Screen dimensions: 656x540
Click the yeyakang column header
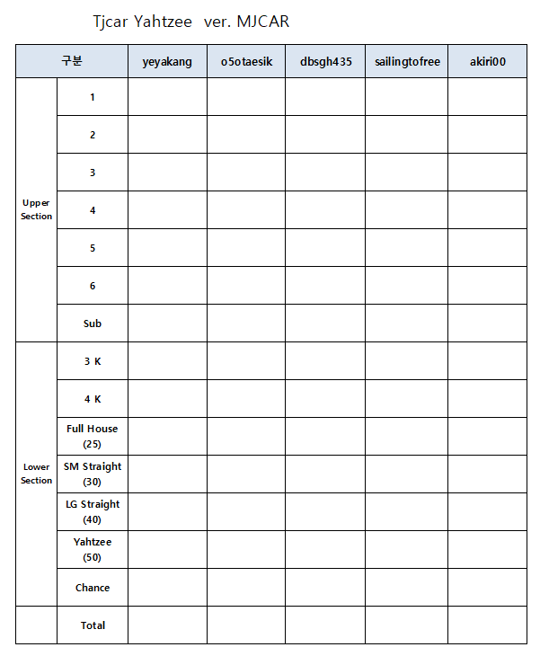[x=167, y=61]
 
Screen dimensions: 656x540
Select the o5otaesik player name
[x=246, y=61]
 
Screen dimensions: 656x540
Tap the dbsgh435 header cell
[x=325, y=61]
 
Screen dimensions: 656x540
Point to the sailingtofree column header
[x=406, y=61]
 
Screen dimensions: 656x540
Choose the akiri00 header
[x=488, y=61]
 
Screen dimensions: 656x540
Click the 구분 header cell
[x=72, y=61]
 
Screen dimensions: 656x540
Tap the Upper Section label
[x=36, y=209]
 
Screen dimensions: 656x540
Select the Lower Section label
[x=36, y=474]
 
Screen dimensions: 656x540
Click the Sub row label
[x=93, y=324]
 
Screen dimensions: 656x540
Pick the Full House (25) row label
[x=93, y=436]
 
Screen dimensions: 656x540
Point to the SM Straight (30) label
[x=93, y=474]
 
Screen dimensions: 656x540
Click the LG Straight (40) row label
[x=93, y=511]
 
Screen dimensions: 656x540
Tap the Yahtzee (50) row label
[x=93, y=549]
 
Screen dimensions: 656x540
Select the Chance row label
[x=93, y=588]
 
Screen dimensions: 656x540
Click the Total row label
[x=93, y=625]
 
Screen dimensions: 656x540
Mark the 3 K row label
[x=93, y=361]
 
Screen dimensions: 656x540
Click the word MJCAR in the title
[x=263, y=22]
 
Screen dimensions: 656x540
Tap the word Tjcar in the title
[x=111, y=22]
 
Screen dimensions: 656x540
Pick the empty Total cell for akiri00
[x=488, y=625]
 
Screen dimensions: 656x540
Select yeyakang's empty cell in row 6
[x=167, y=286]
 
